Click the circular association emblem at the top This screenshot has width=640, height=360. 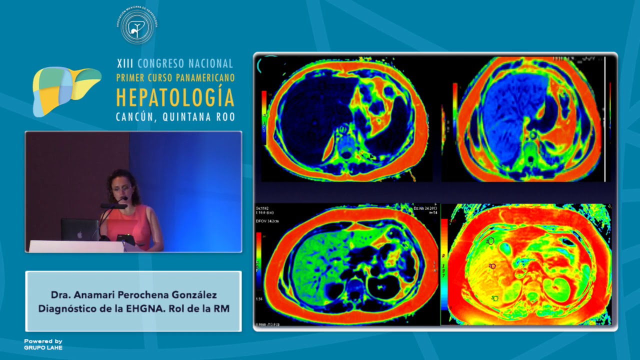(x=137, y=25)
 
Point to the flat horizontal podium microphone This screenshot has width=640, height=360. (x=113, y=205)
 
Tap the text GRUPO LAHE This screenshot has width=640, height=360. (x=43, y=347)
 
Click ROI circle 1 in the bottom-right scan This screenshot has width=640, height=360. (x=490, y=241)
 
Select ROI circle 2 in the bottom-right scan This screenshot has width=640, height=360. (x=493, y=266)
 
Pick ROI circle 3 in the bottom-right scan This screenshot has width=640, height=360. (x=495, y=298)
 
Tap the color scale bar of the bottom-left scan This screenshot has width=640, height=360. (x=258, y=260)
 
